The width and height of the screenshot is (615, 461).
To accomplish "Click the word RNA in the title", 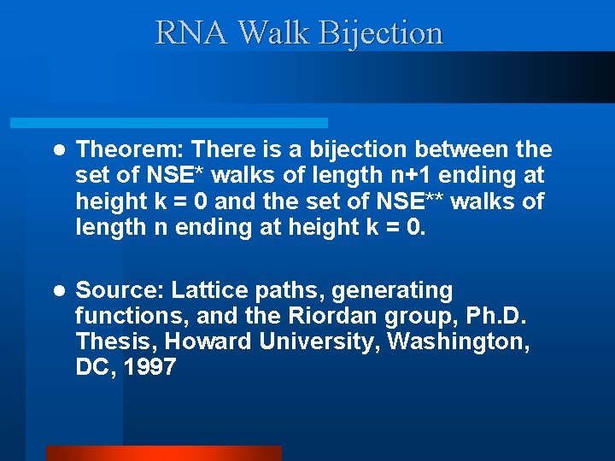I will tap(192, 33).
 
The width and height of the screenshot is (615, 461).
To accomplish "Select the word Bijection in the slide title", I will tap(381, 33).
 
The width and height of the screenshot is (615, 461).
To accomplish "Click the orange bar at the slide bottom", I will tap(163, 453).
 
